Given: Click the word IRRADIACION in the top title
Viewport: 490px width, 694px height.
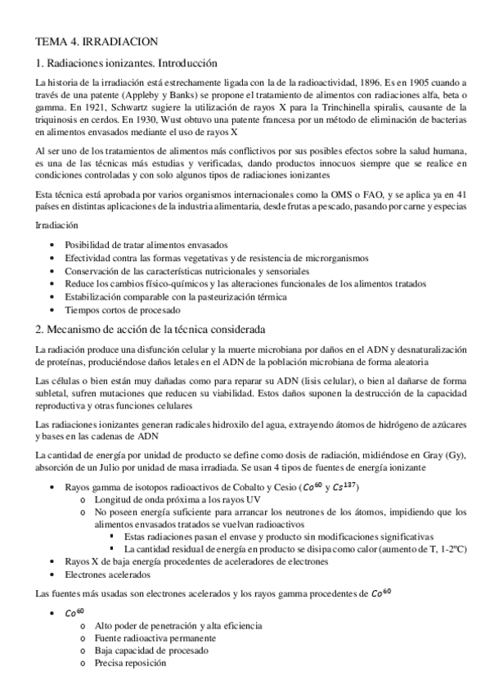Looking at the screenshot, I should tap(123, 39).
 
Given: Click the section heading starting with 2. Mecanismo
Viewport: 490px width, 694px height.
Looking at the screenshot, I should tap(151, 331).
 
